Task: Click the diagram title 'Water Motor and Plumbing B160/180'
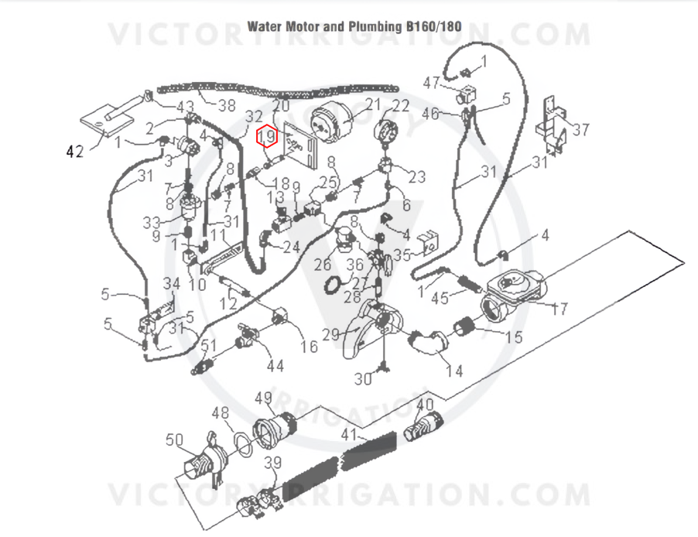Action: [354, 27]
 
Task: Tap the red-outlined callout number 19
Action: [267, 136]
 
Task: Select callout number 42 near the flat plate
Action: [75, 152]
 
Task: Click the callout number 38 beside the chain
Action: [227, 105]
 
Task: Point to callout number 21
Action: [373, 104]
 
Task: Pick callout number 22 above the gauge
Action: [401, 105]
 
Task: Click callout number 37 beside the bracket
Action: [581, 129]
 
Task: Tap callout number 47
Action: [431, 83]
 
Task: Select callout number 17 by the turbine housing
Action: [559, 309]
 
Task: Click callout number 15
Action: [514, 337]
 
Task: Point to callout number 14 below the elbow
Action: [454, 371]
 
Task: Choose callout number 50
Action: [175, 440]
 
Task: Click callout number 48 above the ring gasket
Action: [221, 412]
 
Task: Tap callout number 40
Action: [425, 405]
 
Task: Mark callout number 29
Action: [330, 334]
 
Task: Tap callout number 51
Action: [209, 345]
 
